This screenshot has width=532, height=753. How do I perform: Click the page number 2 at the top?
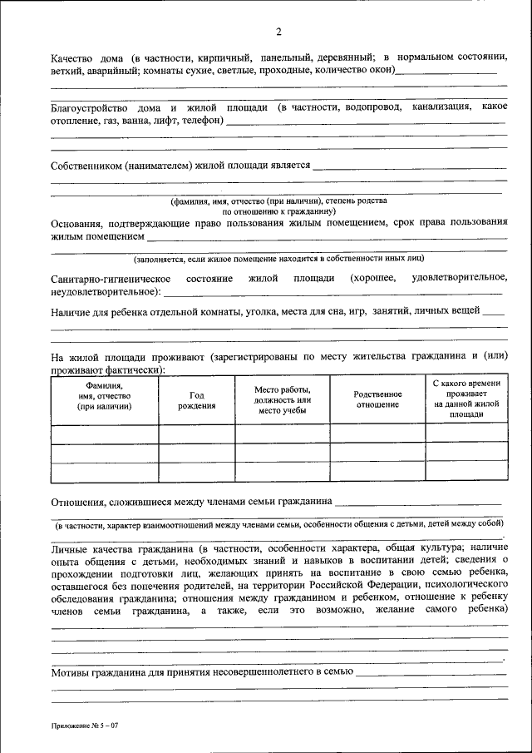click(279, 32)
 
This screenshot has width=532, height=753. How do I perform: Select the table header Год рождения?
click(196, 400)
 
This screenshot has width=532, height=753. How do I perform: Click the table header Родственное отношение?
click(377, 399)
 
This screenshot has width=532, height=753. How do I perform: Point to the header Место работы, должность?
click(283, 400)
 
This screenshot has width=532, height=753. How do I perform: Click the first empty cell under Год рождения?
click(196, 433)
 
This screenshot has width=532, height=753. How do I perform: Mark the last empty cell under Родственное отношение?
click(377, 472)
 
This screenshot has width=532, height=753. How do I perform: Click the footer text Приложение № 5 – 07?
click(84, 726)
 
